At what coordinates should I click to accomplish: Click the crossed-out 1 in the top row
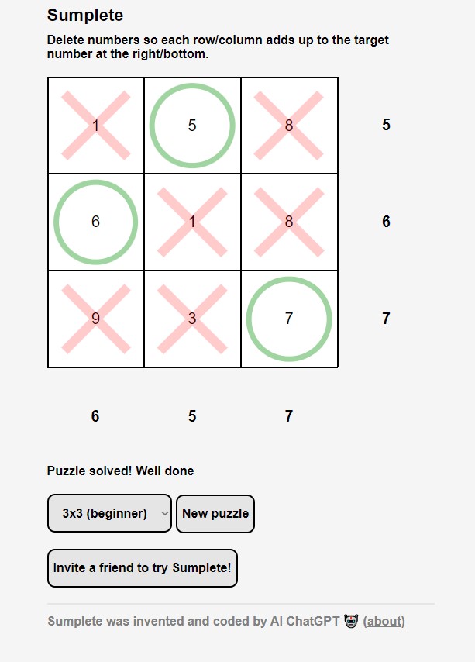[96, 126]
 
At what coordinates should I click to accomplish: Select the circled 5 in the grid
[192, 126]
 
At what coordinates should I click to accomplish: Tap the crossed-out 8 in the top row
[289, 126]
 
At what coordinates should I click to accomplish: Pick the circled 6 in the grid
[96, 222]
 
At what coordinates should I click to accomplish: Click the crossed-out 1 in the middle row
[192, 222]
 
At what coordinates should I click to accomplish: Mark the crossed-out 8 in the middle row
[289, 222]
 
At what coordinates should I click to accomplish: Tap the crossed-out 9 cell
[96, 319]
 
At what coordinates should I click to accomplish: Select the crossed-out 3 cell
[192, 319]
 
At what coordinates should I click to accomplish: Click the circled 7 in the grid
[289, 319]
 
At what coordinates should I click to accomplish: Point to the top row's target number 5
[386, 125]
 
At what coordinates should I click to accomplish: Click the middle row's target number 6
[386, 221]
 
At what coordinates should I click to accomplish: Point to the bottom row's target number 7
[386, 318]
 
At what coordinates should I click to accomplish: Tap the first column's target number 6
[95, 415]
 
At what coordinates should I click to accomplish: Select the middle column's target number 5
[192, 415]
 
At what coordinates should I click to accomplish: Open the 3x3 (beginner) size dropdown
[110, 513]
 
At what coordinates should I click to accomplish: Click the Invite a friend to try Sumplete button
[143, 568]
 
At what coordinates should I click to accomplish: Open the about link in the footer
[384, 621]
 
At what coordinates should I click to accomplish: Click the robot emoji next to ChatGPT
[351, 621]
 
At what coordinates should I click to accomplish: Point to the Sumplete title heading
[85, 16]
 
